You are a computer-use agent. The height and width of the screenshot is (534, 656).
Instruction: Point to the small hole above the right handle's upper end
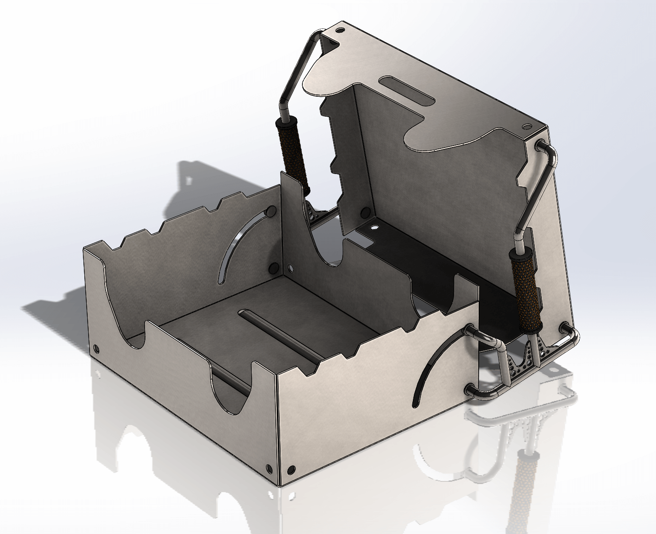528,126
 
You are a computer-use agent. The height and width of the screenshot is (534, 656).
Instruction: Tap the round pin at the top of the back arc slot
272,210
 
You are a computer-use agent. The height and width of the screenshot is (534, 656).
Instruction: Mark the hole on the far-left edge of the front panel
97,349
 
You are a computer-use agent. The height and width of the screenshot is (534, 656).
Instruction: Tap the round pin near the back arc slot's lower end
273,268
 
